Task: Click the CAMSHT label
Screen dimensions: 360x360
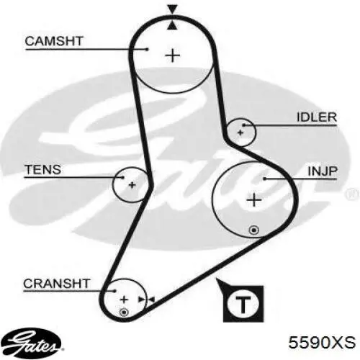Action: tap(54, 41)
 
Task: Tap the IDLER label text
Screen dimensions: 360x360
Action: tap(317, 117)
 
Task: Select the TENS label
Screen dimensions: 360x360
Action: tap(43, 169)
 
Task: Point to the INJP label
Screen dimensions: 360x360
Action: tap(323, 171)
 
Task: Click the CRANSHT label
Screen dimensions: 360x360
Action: tap(57, 284)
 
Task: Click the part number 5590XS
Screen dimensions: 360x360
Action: tap(322, 342)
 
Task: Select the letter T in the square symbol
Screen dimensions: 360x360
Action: tap(243, 305)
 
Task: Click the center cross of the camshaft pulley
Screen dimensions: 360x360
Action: tap(173, 55)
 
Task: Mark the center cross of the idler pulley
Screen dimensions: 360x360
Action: tap(240, 132)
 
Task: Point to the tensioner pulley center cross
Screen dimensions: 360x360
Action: tap(132, 185)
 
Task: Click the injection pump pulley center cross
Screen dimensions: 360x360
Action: tap(254, 200)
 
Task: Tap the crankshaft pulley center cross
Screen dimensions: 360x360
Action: tap(124, 300)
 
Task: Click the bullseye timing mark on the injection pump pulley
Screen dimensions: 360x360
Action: tap(254, 230)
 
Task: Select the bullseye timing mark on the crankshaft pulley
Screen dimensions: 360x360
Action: tap(124, 312)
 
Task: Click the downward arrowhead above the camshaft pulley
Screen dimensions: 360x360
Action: tap(173, 9)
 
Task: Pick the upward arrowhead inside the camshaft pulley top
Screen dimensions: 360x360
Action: tap(172, 26)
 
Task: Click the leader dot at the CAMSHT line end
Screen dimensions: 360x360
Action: tap(148, 49)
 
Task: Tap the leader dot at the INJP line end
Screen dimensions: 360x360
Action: tap(264, 179)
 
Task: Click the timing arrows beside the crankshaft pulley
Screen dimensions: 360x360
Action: tap(147, 300)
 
